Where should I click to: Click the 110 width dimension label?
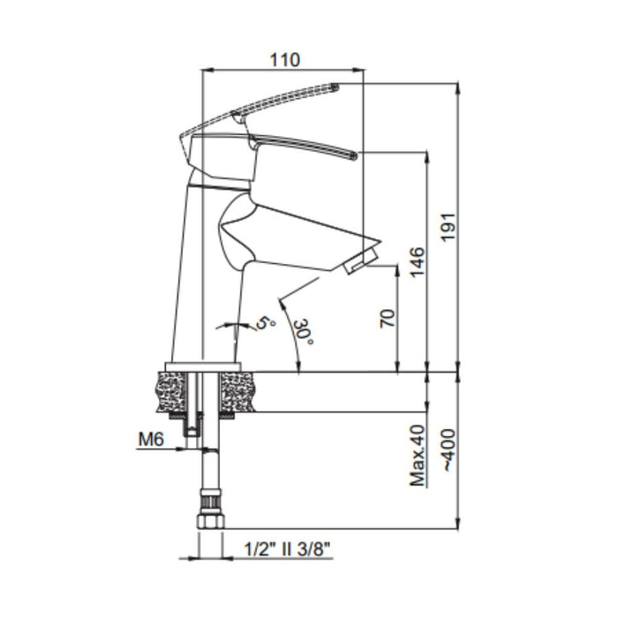(284, 60)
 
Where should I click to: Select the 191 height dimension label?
(448, 227)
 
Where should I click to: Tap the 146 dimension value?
(418, 262)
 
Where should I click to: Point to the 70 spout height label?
(388, 319)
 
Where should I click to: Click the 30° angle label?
(305, 331)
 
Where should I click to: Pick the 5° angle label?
(266, 323)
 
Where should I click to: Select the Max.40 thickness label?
(418, 456)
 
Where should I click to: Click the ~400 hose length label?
(448, 449)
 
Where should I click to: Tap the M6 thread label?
(151, 440)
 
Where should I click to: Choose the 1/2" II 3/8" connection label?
(287, 549)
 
